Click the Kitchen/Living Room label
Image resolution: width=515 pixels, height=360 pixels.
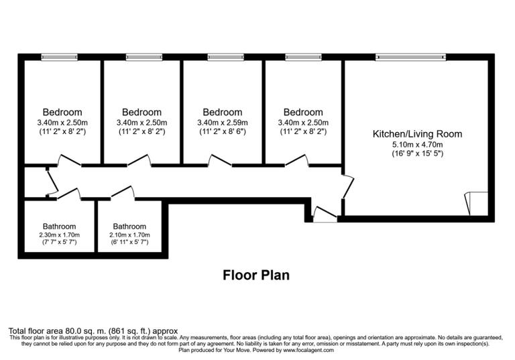(x=417, y=134)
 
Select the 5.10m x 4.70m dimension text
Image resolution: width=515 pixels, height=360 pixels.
(x=417, y=144)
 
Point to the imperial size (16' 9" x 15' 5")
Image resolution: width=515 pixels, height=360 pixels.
(x=417, y=154)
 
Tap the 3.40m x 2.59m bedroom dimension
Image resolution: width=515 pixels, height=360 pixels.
(x=222, y=123)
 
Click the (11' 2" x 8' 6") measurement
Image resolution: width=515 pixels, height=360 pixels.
(x=222, y=132)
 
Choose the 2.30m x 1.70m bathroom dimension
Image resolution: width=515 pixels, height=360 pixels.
(x=59, y=235)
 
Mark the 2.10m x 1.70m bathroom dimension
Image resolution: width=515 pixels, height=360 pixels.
(x=129, y=235)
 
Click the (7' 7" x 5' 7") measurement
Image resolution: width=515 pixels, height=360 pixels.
(x=59, y=243)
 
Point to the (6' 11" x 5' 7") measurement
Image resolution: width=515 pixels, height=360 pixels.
(x=129, y=243)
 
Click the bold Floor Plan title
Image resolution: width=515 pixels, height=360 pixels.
(x=255, y=275)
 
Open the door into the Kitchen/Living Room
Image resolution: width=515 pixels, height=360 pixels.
(x=347, y=186)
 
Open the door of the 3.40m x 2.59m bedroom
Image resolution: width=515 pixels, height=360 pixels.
(x=219, y=160)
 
